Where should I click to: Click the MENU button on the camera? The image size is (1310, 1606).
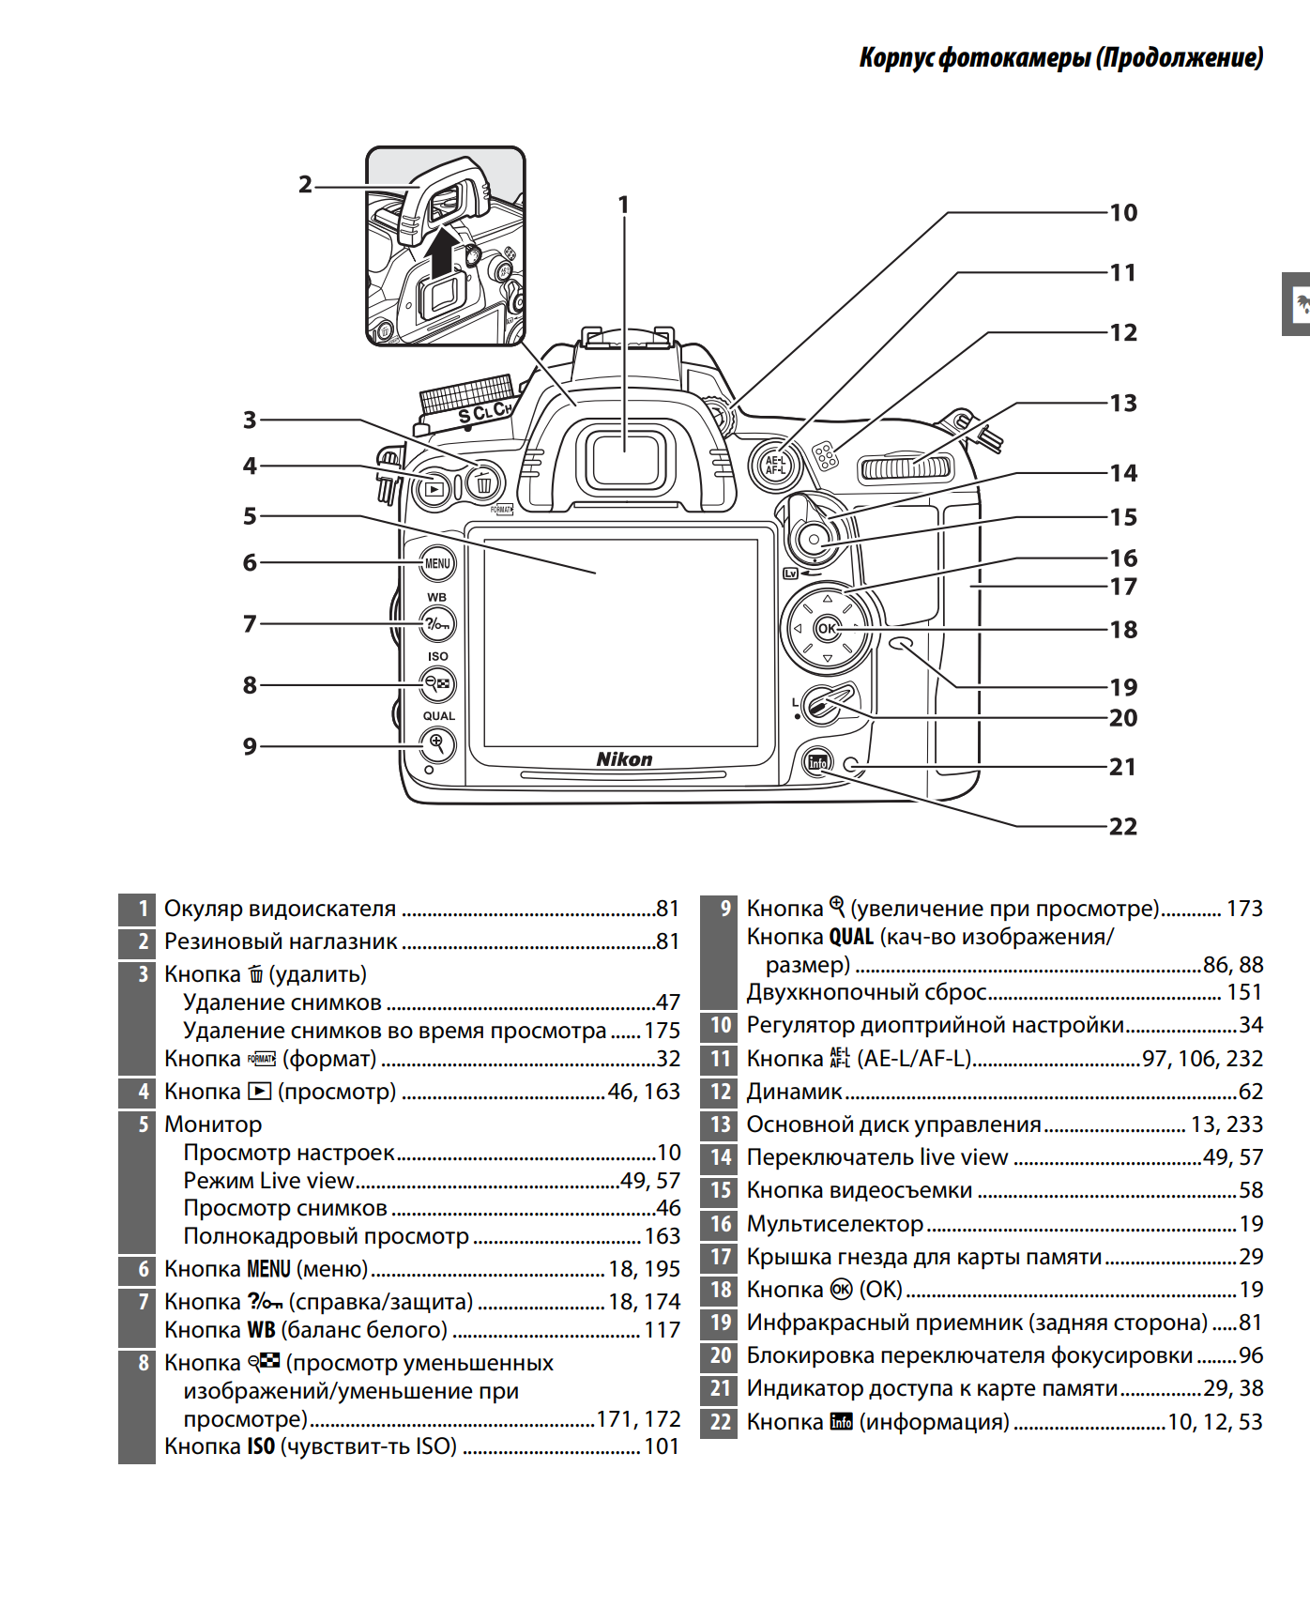click(437, 563)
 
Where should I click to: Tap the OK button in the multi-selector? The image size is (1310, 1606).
click(827, 628)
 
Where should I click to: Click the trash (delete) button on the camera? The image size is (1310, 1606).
click(483, 483)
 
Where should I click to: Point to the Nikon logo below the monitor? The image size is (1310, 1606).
click(624, 759)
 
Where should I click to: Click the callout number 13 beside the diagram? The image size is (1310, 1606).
click(1123, 404)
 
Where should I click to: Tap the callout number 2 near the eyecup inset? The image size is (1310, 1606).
click(305, 185)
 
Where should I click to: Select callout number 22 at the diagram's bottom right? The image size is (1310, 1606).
click(1123, 827)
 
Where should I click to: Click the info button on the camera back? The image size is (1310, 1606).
click(818, 762)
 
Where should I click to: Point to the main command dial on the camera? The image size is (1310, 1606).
click(906, 467)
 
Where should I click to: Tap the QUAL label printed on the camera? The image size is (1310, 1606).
click(438, 715)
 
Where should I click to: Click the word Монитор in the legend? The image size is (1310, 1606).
click(213, 1124)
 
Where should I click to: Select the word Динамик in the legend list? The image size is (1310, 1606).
click(794, 1092)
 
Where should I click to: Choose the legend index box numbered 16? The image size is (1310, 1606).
click(720, 1224)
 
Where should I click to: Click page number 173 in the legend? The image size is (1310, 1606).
click(1244, 909)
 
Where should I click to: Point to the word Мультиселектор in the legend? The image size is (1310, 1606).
click(835, 1224)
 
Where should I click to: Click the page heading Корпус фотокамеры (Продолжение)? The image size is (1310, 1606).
click(1060, 58)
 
